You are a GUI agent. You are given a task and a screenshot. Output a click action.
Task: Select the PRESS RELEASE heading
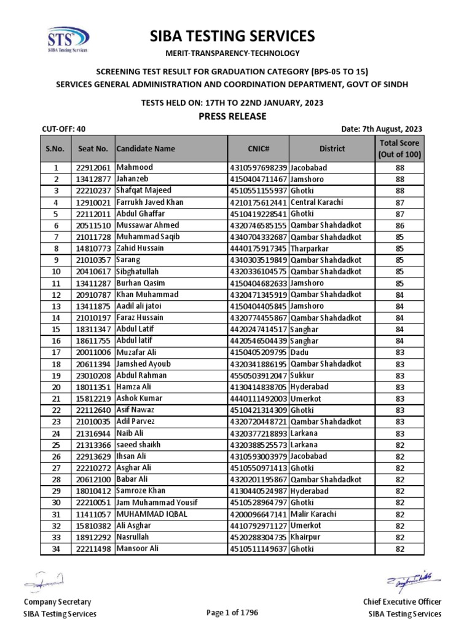pyautogui.click(x=232, y=116)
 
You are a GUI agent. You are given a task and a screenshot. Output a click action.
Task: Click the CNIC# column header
pyautogui.click(x=258, y=148)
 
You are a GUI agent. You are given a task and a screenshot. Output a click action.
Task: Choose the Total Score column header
pyautogui.click(x=399, y=148)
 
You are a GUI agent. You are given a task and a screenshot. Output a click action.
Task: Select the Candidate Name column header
pyautogui.click(x=145, y=148)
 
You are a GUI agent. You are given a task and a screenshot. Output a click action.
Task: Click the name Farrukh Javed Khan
pyautogui.click(x=149, y=202)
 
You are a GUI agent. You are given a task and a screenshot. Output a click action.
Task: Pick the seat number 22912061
pyautogui.click(x=93, y=167)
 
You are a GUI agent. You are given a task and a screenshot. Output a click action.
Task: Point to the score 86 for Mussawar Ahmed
pyautogui.click(x=399, y=225)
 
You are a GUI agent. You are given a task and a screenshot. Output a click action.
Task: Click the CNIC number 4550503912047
pyautogui.click(x=258, y=375)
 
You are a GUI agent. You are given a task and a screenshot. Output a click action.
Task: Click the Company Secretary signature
pyautogui.click(x=45, y=580)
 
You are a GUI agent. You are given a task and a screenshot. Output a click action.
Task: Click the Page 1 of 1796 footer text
pyautogui.click(x=232, y=612)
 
